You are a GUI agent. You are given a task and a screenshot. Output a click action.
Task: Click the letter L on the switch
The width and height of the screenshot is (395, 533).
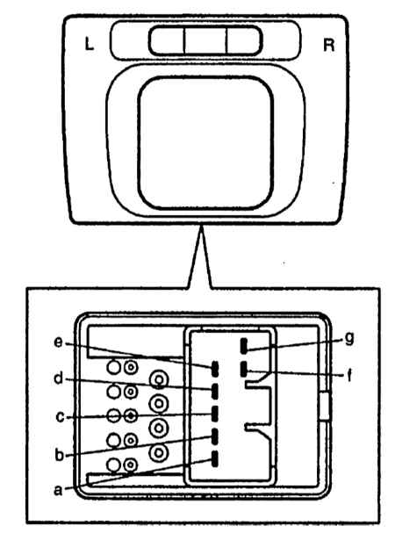[89, 44]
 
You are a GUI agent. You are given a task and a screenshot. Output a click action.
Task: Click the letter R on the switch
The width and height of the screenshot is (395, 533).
[328, 45]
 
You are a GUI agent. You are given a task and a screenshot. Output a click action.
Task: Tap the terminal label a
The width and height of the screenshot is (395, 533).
[59, 490]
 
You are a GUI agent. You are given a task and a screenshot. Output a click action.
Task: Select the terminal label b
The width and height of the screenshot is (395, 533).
[59, 455]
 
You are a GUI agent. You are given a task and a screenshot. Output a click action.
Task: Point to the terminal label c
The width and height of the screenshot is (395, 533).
[60, 416]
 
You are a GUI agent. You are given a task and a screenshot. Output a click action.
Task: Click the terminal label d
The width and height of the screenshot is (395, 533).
[59, 378]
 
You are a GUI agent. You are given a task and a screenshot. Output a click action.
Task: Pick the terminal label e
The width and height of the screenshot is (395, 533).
[58, 342]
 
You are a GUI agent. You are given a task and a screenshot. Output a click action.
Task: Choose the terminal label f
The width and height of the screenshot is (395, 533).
[349, 375]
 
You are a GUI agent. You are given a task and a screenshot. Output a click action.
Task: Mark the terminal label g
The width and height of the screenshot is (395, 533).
[349, 339]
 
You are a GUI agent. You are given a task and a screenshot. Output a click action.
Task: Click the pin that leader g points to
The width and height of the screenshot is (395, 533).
[244, 345]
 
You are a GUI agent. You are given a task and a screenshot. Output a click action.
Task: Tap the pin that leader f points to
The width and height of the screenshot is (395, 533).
[243, 369]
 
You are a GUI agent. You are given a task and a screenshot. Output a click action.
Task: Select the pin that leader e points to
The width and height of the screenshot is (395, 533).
[215, 369]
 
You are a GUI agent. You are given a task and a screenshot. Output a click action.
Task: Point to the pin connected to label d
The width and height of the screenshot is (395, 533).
[215, 392]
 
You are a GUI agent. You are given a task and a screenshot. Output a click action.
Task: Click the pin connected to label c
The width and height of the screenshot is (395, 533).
[215, 414]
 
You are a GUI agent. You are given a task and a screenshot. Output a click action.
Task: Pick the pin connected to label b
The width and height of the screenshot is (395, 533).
[215, 436]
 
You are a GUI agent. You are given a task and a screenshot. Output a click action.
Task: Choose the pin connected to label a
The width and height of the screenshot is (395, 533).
[215, 459]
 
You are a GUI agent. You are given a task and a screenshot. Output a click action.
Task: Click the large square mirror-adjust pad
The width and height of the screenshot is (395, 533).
[205, 143]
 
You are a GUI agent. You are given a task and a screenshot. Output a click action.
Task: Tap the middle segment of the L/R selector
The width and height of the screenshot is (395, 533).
[205, 40]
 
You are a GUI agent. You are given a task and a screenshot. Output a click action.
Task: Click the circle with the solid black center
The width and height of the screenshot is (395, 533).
[131, 415]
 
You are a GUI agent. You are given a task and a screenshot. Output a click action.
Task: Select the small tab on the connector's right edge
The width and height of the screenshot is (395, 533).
[325, 406]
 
